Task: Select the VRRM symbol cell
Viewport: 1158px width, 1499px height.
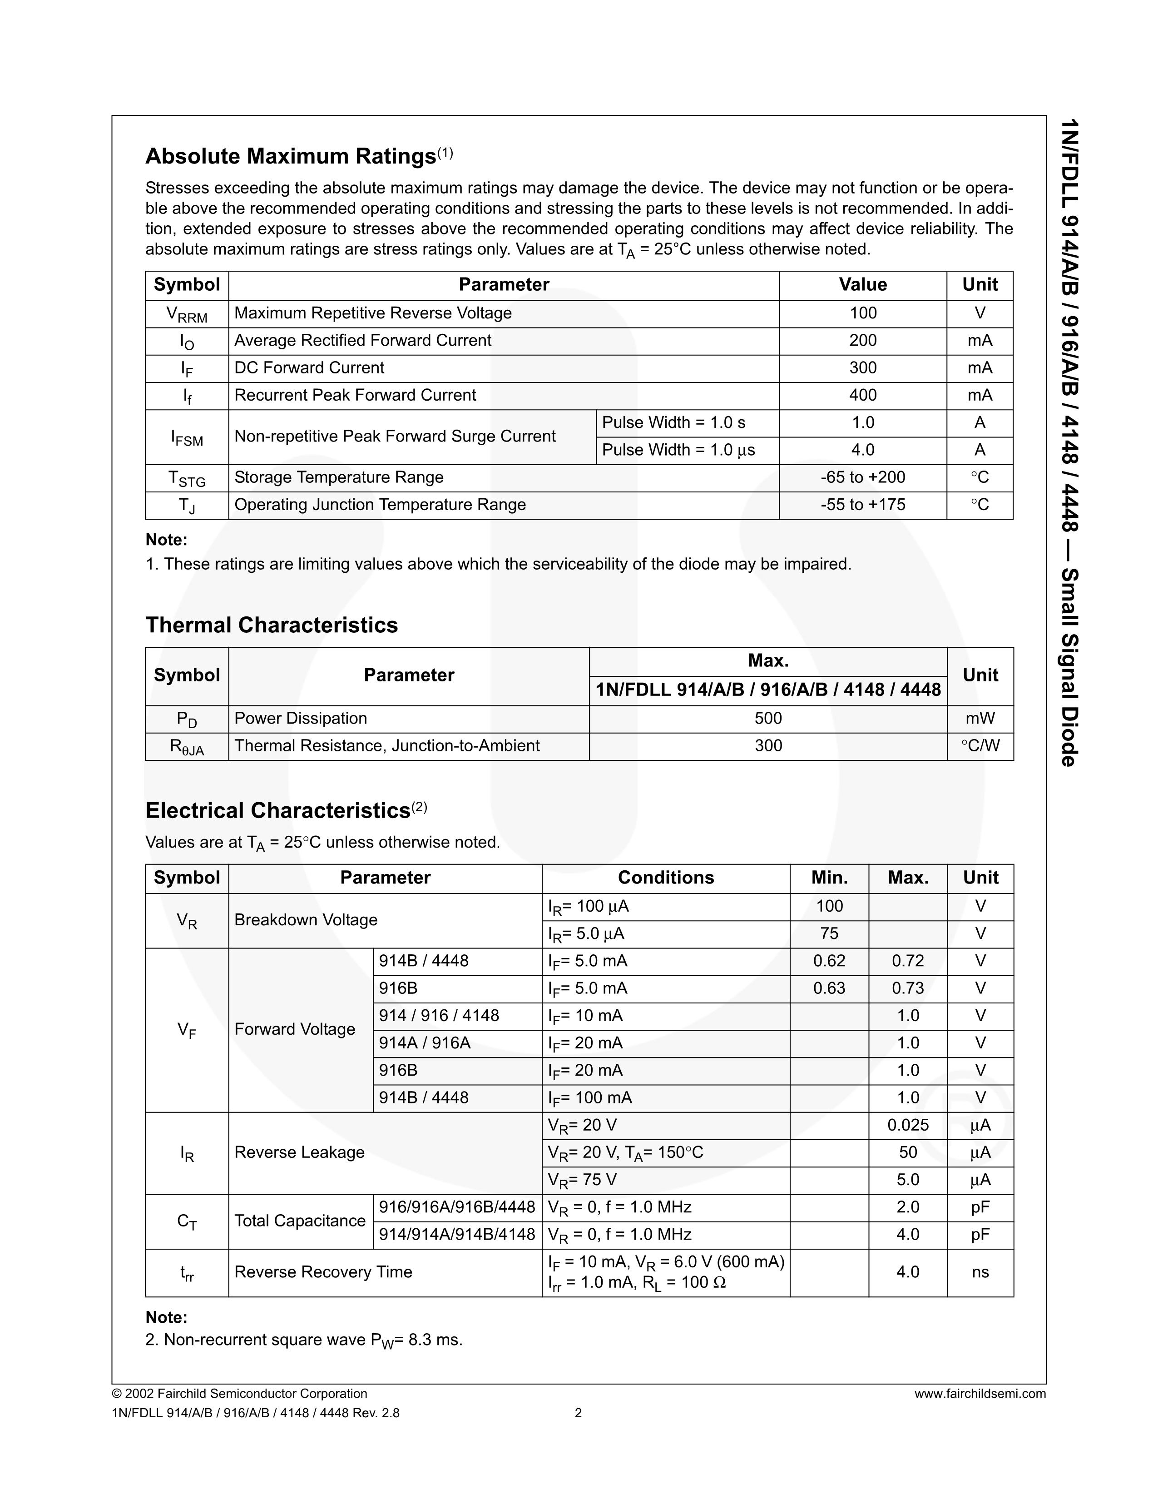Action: [187, 314]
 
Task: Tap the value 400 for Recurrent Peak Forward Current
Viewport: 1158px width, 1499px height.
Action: [862, 395]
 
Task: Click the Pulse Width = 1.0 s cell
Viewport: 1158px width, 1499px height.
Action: [673, 423]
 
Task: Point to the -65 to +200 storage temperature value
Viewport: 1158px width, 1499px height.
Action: [862, 478]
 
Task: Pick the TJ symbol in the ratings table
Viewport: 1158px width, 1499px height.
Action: [187, 506]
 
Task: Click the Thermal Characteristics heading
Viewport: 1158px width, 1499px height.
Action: [271, 625]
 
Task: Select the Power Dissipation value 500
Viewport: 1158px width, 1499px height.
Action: [767, 719]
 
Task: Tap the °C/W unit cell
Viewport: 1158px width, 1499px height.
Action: [980, 746]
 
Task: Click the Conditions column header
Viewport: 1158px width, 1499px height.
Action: [665, 878]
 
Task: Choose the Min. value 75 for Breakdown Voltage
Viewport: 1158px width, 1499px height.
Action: [829, 933]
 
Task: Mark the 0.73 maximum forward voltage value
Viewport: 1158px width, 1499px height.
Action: [908, 988]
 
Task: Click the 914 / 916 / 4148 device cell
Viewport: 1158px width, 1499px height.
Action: [439, 1016]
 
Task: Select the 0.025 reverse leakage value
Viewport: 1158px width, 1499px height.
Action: [908, 1125]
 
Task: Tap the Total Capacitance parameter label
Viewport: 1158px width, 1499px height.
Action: [300, 1221]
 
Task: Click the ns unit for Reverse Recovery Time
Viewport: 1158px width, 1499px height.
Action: [980, 1272]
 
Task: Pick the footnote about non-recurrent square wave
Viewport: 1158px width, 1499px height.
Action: [304, 1340]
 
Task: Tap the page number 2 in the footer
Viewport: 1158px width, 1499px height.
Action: [578, 1413]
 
